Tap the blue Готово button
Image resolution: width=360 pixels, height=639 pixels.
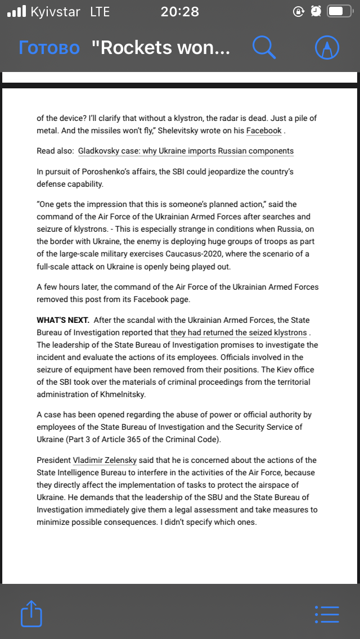coord(49,48)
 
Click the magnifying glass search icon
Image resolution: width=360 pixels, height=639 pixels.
coord(264,48)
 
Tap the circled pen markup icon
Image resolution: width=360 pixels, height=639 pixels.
coord(327,48)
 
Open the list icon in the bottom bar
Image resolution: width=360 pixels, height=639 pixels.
coord(327,614)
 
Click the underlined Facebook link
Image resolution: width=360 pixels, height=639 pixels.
coord(264,130)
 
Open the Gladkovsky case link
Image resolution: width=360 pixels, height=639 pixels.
coord(186,151)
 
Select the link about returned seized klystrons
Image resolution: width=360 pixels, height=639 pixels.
coord(238,332)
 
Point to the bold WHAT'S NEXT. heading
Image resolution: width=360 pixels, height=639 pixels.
coord(63,320)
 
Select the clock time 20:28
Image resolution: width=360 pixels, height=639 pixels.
coord(179,11)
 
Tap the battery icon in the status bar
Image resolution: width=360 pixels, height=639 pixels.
coord(340,11)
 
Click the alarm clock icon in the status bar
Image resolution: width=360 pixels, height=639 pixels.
coord(316,11)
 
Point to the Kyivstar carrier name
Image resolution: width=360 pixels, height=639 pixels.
coord(56,11)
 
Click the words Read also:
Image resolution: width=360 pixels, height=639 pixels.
coord(54,151)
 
